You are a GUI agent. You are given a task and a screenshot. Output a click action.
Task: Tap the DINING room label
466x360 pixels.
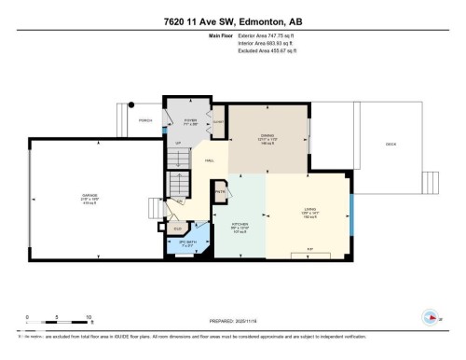pos(268,134)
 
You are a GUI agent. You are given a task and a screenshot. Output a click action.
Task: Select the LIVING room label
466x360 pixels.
pos(309,209)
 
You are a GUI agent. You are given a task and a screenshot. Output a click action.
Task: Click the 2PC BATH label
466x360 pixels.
pos(189,242)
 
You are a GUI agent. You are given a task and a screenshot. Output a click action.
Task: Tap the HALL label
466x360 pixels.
pos(210,159)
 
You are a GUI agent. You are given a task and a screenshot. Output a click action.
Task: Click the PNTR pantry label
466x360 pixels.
pos(221,192)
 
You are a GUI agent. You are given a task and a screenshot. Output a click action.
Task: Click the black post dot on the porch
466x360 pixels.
pos(131,104)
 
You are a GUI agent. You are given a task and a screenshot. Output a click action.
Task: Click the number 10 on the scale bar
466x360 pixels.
pos(88,316)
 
